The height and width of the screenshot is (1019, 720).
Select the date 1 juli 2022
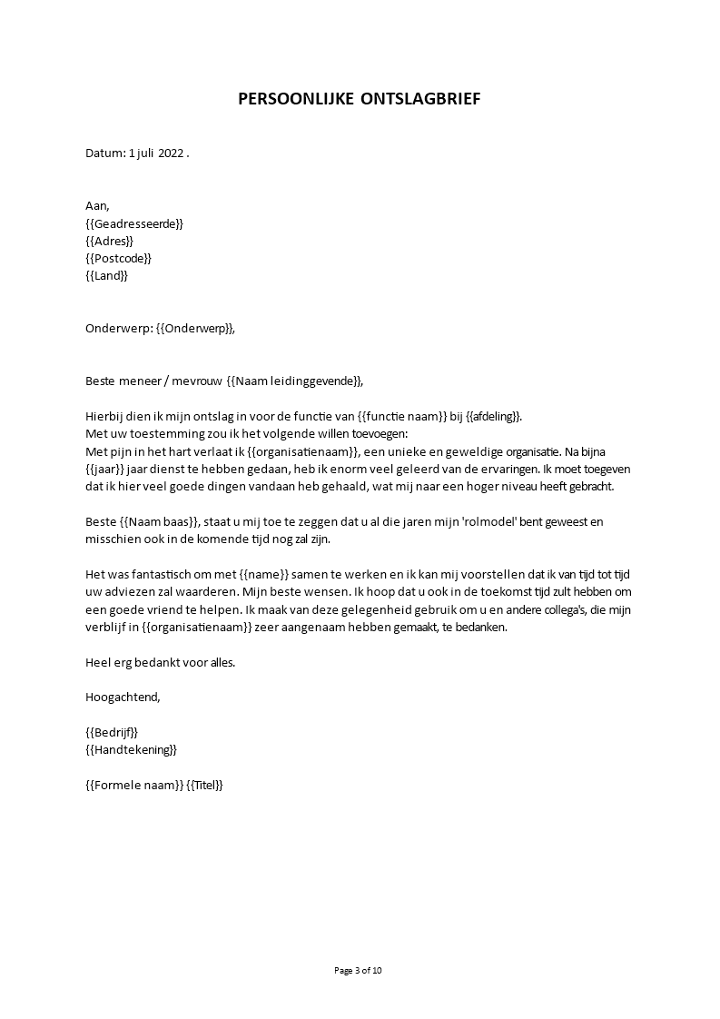click(155, 153)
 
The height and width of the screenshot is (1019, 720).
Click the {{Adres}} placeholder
click(109, 241)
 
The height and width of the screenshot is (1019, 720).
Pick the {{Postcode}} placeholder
click(118, 258)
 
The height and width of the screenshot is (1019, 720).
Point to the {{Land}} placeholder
click(106, 275)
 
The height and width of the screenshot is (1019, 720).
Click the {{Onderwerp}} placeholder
click(194, 329)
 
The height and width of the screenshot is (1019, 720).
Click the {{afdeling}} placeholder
click(494, 417)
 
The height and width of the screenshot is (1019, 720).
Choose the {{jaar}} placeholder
click(104, 470)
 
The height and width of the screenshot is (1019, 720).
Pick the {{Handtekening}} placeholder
click(131, 750)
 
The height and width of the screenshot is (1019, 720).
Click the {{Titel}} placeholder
click(204, 786)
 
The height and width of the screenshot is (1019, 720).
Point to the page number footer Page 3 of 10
click(359, 970)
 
